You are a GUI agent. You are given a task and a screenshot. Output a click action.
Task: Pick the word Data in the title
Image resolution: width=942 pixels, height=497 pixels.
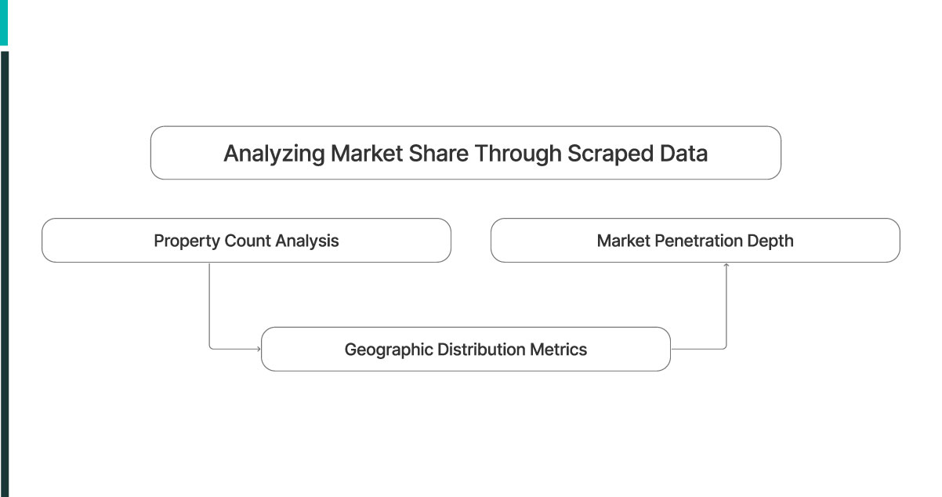coord(681,154)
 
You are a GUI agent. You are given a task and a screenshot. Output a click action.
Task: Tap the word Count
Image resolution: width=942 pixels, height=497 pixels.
coord(246,241)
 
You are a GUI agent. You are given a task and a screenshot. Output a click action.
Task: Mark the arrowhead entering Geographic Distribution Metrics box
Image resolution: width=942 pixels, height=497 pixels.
coord(258,349)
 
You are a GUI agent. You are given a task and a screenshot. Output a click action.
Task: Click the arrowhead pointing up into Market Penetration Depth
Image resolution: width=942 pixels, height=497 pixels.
coord(726,266)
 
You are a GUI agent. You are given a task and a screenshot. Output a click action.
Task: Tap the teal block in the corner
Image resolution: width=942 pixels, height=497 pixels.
coord(4,21)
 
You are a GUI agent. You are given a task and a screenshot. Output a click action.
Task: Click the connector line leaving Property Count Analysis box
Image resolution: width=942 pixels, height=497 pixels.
coord(209,306)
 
